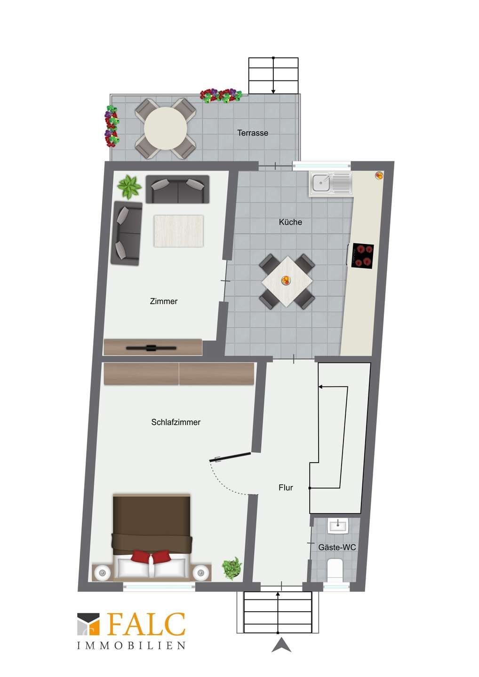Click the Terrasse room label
point(253,133)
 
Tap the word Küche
point(290,222)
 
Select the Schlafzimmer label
point(176,422)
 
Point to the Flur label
point(286,488)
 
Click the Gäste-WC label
point(337,547)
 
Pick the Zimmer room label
point(164,301)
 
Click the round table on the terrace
point(166,128)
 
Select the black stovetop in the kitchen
point(363,255)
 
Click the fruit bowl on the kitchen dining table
point(285,280)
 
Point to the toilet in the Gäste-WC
point(335,569)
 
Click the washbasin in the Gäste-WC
point(338,527)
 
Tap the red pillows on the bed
point(151,556)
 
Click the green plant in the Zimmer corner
point(129,187)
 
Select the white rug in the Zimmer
point(178,231)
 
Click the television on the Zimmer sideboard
point(151,348)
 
